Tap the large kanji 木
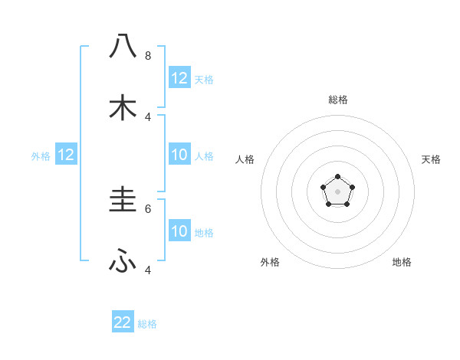123,107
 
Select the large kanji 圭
123,200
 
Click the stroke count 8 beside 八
148,55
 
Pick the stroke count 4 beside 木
148,116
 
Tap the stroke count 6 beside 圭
148,208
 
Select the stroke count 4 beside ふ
148,270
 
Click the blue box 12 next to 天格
179,78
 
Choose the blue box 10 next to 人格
179,155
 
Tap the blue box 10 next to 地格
179,231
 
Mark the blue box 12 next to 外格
66,155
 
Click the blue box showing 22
123,322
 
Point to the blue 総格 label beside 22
147,324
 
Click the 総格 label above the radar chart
337,100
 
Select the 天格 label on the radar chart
431,159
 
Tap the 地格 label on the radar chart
402,262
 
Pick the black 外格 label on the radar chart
270,262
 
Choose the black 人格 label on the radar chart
245,159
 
